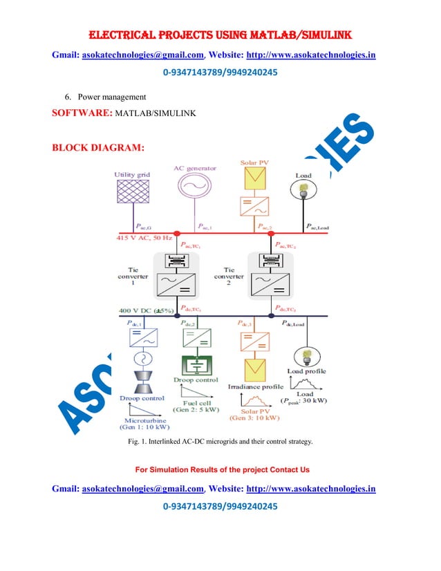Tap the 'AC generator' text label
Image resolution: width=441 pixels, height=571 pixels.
[x=195, y=167]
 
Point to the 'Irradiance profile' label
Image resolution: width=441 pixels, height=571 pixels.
[x=255, y=386]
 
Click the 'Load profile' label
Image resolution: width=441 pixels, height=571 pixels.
[x=307, y=371]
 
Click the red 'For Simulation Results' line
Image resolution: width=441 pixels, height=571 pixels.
[x=222, y=469]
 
